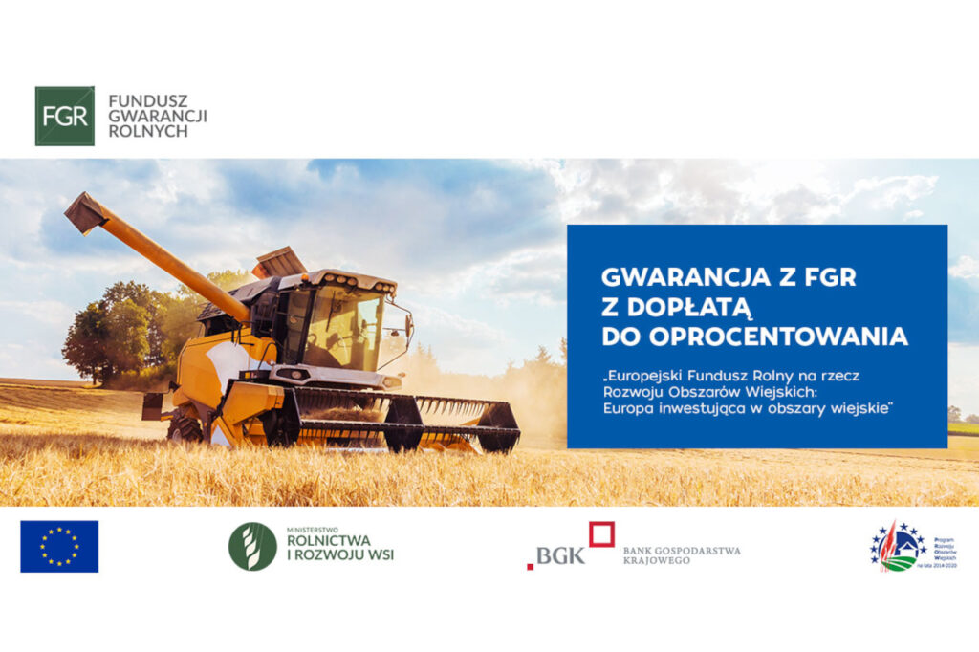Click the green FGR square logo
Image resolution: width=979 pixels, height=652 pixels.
coord(64,116)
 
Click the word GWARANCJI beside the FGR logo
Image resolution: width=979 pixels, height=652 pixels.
coord(157,115)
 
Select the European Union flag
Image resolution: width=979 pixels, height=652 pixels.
coord(59,546)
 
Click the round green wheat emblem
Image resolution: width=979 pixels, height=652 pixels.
coord(252,547)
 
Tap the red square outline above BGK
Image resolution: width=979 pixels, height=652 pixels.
coord(601,533)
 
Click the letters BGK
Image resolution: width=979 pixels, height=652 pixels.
coord(558,555)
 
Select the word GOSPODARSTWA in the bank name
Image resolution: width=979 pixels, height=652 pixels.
coord(698,550)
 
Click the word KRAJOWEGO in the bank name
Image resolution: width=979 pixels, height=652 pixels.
coord(653,561)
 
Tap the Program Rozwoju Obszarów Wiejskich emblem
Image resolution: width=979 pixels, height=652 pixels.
coord(898,547)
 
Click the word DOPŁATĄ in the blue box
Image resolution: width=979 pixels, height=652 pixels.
coord(678,306)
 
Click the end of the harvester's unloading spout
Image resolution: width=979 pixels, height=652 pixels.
coord(85,213)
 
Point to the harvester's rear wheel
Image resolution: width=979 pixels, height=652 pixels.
coord(184,425)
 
